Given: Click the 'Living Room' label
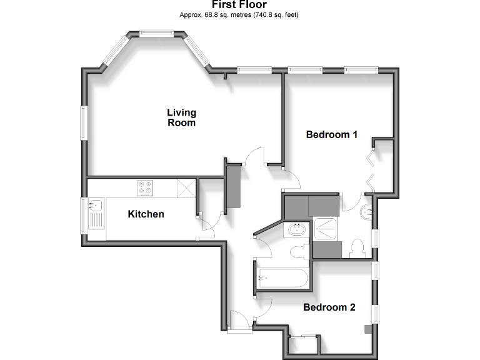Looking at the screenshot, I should pyautogui.click(x=181, y=117).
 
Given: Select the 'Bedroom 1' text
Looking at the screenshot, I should pyautogui.click(x=331, y=134).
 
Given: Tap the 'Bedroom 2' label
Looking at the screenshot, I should pyautogui.click(x=329, y=307).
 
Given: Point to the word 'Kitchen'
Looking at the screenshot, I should pyautogui.click(x=146, y=214).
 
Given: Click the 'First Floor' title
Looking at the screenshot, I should pyautogui.click(x=239, y=5).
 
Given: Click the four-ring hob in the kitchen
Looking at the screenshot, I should pyautogui.click(x=146, y=187).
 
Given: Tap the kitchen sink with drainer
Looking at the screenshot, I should pyautogui.click(x=96, y=212).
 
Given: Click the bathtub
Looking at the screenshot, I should pyautogui.click(x=282, y=278).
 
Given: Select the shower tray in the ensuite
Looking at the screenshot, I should pyautogui.click(x=326, y=229).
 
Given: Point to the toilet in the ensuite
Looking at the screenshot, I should pyautogui.click(x=358, y=247).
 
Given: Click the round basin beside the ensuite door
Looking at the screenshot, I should pyautogui.click(x=366, y=211).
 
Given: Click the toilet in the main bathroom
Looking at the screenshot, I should pyautogui.click(x=299, y=252).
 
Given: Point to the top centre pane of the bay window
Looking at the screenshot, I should pyautogui.click(x=156, y=34).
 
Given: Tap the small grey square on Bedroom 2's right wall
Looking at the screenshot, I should pyautogui.click(x=368, y=327).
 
